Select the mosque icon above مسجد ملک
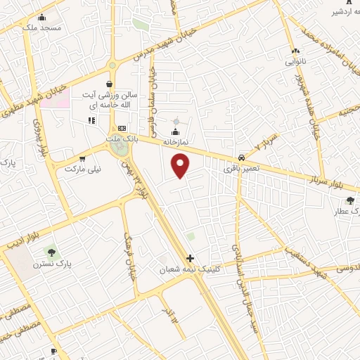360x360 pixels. (42, 18)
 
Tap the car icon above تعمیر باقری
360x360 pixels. (241, 157)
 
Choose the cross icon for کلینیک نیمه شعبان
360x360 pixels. (190, 259)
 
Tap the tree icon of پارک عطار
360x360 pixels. (350, 200)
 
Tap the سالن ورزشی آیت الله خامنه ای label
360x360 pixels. (116, 99)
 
